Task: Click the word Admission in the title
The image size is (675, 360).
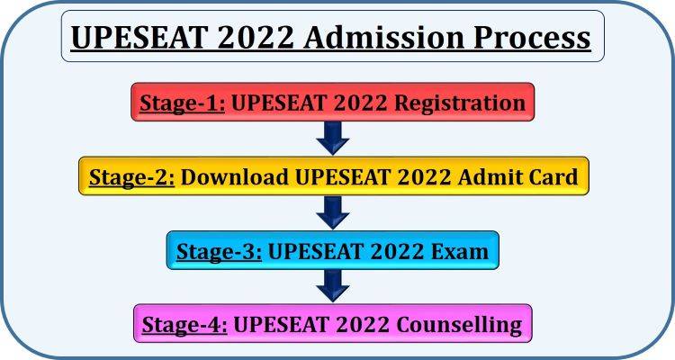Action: tap(372, 38)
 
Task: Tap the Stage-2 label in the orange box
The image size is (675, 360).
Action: tap(131, 176)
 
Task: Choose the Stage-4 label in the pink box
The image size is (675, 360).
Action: tap(186, 324)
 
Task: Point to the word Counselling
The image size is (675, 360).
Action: tap(458, 324)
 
